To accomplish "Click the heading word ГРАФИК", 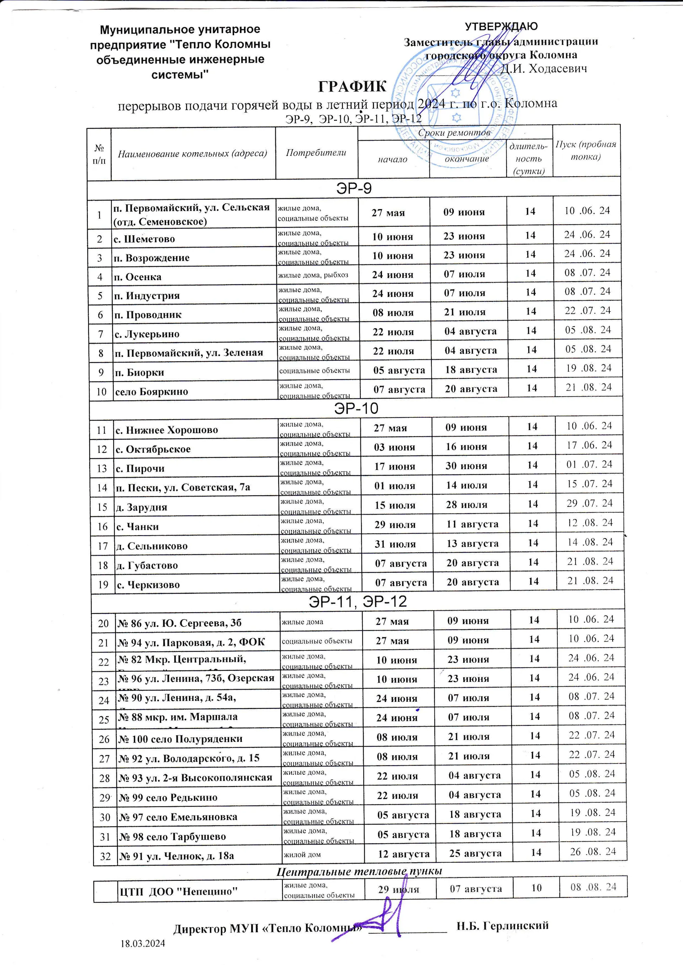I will pos(352,86).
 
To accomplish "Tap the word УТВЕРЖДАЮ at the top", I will pos(501,26).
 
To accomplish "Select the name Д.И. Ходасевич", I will pos(543,69).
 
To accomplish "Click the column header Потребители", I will pos(316,152).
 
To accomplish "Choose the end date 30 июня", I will pos(466,466).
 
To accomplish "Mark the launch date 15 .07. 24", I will pos(589,484).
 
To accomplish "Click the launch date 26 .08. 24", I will pos(593,852).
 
